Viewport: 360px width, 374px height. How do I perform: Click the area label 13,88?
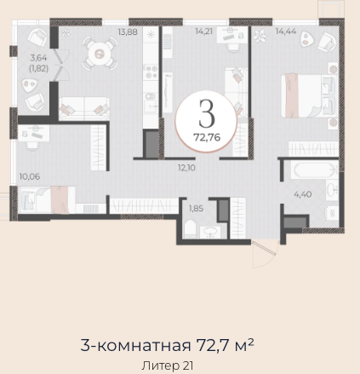(x=128, y=32)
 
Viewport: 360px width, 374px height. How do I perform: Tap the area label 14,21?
(x=203, y=32)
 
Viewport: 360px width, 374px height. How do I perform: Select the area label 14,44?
(x=286, y=31)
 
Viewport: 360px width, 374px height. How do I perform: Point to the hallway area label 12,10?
(x=186, y=168)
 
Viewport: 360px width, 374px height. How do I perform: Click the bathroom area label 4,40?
(x=303, y=194)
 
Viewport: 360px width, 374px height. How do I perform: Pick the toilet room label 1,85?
(x=197, y=209)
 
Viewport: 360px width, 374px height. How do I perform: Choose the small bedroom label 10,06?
(x=30, y=176)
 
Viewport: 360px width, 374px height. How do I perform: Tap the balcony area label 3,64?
(x=38, y=58)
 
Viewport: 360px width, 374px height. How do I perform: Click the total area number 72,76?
(x=207, y=137)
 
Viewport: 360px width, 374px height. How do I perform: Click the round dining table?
(x=100, y=54)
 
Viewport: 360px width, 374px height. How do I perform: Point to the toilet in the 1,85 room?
(x=191, y=229)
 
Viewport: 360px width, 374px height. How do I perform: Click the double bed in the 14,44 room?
(x=309, y=95)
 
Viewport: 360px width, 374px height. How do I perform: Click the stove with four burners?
(x=151, y=72)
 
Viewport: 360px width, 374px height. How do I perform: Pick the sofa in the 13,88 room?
(x=84, y=108)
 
